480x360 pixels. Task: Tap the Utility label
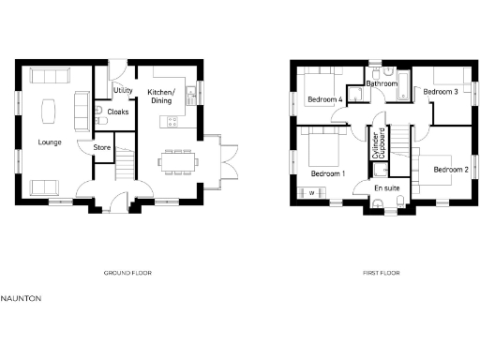pos(121,90)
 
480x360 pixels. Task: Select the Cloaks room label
pos(118,112)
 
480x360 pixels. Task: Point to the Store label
pos(101,147)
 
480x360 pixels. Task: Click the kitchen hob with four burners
pos(171,120)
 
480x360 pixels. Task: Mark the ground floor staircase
pos(125,169)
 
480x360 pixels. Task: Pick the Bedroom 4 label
pos(324,98)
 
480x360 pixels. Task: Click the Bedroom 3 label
pos(440,92)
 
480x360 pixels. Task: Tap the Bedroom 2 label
pos(450,170)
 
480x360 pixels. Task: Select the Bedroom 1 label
pos(327,174)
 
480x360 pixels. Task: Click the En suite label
pos(386,188)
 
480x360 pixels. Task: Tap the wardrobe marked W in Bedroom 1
pos(311,194)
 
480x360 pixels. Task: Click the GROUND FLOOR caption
pos(127,273)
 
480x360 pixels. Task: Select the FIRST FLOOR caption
pos(381,273)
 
